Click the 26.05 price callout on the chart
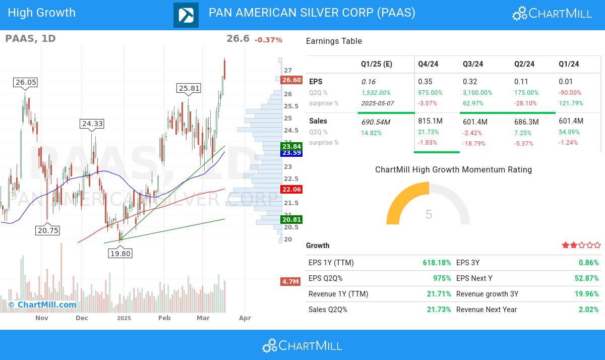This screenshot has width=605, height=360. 26,82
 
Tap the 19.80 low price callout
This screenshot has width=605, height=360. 120,253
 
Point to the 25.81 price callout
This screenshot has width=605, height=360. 189,88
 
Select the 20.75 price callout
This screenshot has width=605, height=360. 48,230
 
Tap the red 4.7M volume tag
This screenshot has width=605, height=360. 290,281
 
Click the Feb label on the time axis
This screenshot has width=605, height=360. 164,318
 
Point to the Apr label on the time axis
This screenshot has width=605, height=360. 245,318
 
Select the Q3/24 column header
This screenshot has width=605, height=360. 473,64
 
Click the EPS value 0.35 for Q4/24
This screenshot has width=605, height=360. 425,82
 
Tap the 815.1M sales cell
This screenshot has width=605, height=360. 430,121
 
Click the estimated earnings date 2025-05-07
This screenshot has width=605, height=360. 377,103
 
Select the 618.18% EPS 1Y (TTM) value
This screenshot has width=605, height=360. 437,263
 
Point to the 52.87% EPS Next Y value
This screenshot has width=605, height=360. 588,278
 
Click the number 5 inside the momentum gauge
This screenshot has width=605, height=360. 429,214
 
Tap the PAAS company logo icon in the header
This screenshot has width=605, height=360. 186,15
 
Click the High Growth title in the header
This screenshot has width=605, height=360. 42,13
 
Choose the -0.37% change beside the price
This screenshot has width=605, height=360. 268,40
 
